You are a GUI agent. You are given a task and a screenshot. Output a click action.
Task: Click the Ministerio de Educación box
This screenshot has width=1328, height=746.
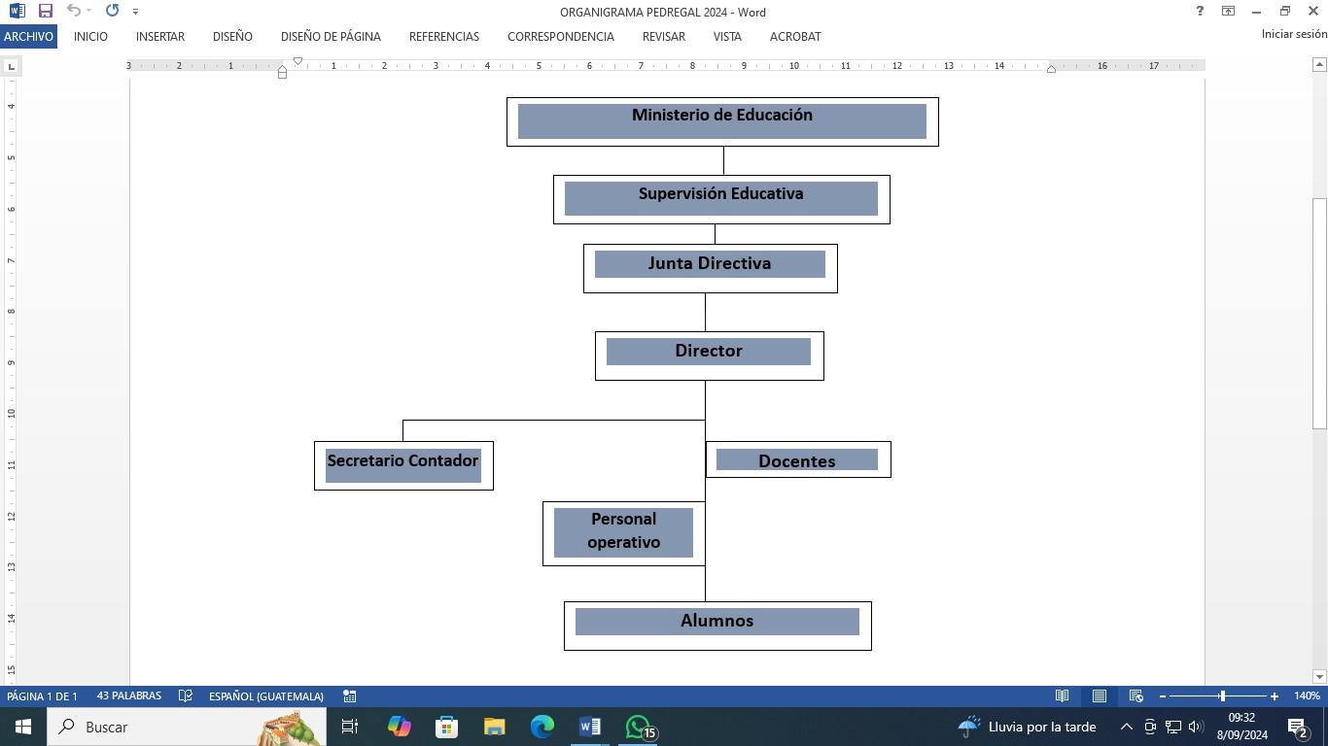(x=721, y=121)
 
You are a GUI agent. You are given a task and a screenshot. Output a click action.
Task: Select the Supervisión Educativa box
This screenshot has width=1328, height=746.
(x=721, y=199)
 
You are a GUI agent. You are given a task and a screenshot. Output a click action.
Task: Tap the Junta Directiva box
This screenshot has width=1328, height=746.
(x=710, y=268)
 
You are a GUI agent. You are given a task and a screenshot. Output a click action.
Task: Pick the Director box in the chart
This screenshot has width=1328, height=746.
(x=709, y=356)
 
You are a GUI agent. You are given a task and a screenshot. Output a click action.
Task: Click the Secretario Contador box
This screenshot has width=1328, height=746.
(x=403, y=465)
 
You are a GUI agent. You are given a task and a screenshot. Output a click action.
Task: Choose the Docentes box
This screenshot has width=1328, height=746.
(x=797, y=460)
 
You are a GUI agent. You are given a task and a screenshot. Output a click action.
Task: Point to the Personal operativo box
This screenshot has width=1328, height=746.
(x=623, y=533)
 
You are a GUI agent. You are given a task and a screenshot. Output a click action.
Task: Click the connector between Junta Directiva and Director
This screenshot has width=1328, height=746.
(x=705, y=312)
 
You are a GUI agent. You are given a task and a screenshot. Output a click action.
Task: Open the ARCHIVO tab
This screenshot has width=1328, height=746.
(x=28, y=36)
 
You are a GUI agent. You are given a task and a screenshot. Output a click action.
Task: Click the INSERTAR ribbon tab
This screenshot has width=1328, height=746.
(x=160, y=36)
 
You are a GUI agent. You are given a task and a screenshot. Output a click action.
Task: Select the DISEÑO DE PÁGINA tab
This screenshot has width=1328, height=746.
(x=331, y=36)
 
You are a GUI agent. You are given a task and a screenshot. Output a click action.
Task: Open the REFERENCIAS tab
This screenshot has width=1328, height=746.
(x=444, y=36)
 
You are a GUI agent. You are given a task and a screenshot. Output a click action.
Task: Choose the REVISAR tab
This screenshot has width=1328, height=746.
(x=664, y=36)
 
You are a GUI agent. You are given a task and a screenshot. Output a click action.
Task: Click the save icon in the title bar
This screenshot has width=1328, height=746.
(x=45, y=11)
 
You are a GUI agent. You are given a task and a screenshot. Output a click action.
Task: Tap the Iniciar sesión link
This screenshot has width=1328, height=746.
(x=1294, y=34)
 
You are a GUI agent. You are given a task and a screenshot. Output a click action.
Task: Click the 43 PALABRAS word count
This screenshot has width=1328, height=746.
(x=129, y=696)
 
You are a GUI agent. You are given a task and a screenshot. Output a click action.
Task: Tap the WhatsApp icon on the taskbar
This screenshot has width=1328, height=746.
(x=639, y=727)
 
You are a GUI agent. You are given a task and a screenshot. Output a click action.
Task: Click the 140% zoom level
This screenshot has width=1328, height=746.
(x=1307, y=696)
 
